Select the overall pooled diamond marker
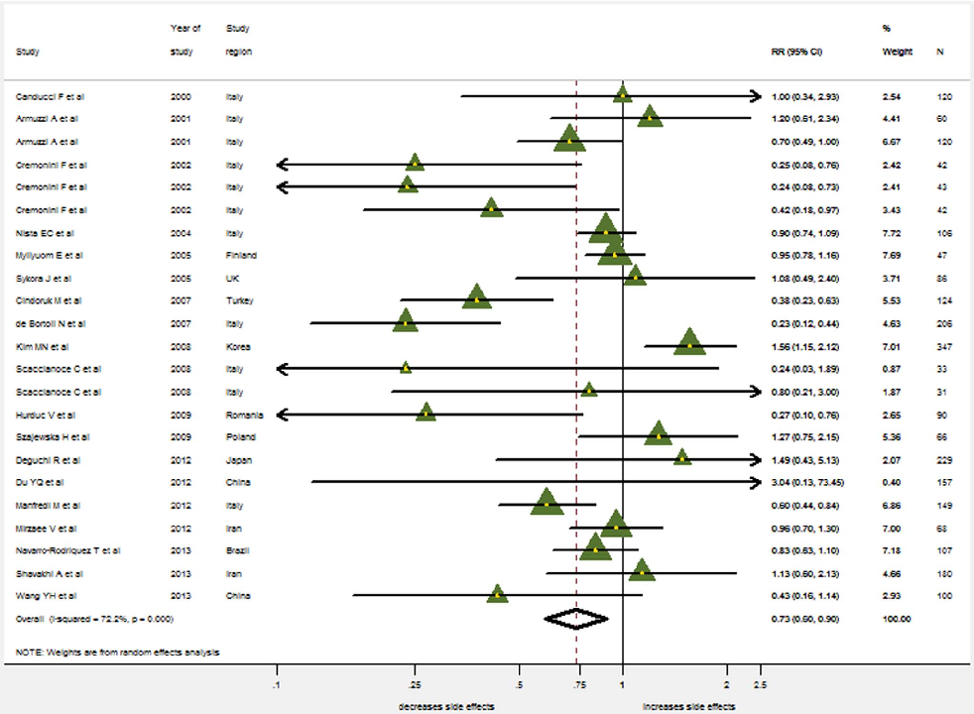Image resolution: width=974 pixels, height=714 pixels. (576, 618)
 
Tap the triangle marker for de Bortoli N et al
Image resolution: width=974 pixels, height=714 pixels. (405, 320)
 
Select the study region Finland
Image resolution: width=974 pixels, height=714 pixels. (238, 256)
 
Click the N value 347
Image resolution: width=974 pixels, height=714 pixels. (943, 346)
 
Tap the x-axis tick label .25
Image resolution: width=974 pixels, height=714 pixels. (416, 684)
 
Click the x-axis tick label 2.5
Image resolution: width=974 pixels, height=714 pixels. (759, 684)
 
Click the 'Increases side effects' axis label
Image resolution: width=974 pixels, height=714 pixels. (688, 706)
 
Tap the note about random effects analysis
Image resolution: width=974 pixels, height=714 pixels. (118, 652)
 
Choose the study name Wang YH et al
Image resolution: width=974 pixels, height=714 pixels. (46, 595)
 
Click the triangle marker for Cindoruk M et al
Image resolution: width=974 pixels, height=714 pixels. (477, 297)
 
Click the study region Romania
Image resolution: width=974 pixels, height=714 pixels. (243, 415)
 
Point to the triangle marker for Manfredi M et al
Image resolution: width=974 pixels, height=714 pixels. (547, 503)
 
